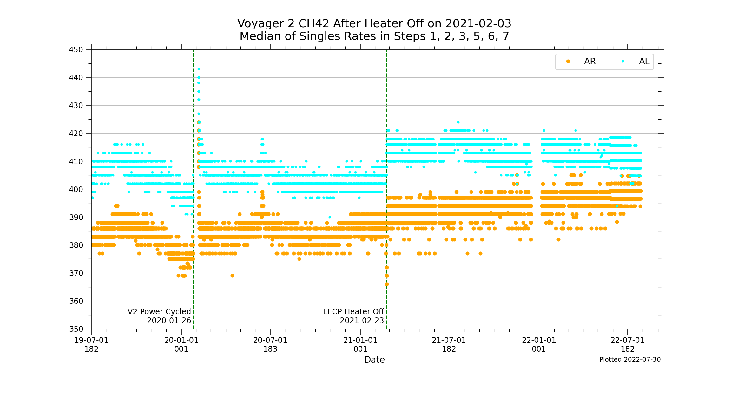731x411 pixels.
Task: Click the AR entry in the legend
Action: pos(589,62)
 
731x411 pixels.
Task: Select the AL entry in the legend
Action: pos(644,62)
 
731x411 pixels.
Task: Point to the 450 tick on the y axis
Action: pos(76,50)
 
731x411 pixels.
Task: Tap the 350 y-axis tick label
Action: pos(76,329)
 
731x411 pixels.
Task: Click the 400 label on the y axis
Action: pos(76,190)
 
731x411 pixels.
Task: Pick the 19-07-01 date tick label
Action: pos(91,340)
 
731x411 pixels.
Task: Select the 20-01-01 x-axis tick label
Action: pos(181,340)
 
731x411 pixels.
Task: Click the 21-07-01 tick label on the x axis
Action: pos(449,340)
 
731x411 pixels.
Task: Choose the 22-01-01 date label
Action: pos(539,340)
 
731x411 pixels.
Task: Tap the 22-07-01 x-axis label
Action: pos(627,340)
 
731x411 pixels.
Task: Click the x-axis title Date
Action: pos(374,360)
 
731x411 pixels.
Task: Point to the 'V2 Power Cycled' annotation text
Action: pos(159,312)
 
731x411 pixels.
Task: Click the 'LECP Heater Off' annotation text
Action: pos(353,312)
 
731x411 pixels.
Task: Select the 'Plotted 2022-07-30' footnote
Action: pos(630,359)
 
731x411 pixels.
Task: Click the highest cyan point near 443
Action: pos(199,69)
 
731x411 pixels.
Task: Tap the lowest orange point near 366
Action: pos(387,284)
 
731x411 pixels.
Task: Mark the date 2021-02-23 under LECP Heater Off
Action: pos(362,321)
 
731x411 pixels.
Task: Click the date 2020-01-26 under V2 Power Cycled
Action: pos(169,321)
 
